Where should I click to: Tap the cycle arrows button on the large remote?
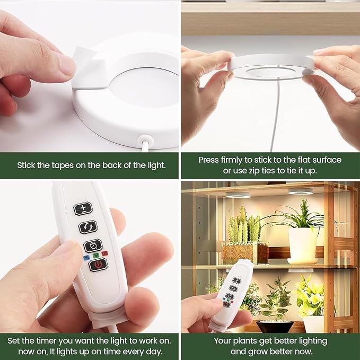[x=88, y=227]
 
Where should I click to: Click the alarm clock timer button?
[x=93, y=245]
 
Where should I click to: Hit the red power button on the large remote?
[x=98, y=265]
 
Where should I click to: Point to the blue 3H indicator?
[x=86, y=258]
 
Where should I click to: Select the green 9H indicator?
[x=96, y=256]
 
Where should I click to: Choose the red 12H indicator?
[x=105, y=253]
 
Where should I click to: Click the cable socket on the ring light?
[x=145, y=139]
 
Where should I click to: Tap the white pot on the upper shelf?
[x=303, y=245]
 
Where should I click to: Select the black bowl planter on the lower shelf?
[x=275, y=327]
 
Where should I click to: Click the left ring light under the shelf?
[x=238, y=195]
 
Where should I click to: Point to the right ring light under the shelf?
[x=300, y=191]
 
